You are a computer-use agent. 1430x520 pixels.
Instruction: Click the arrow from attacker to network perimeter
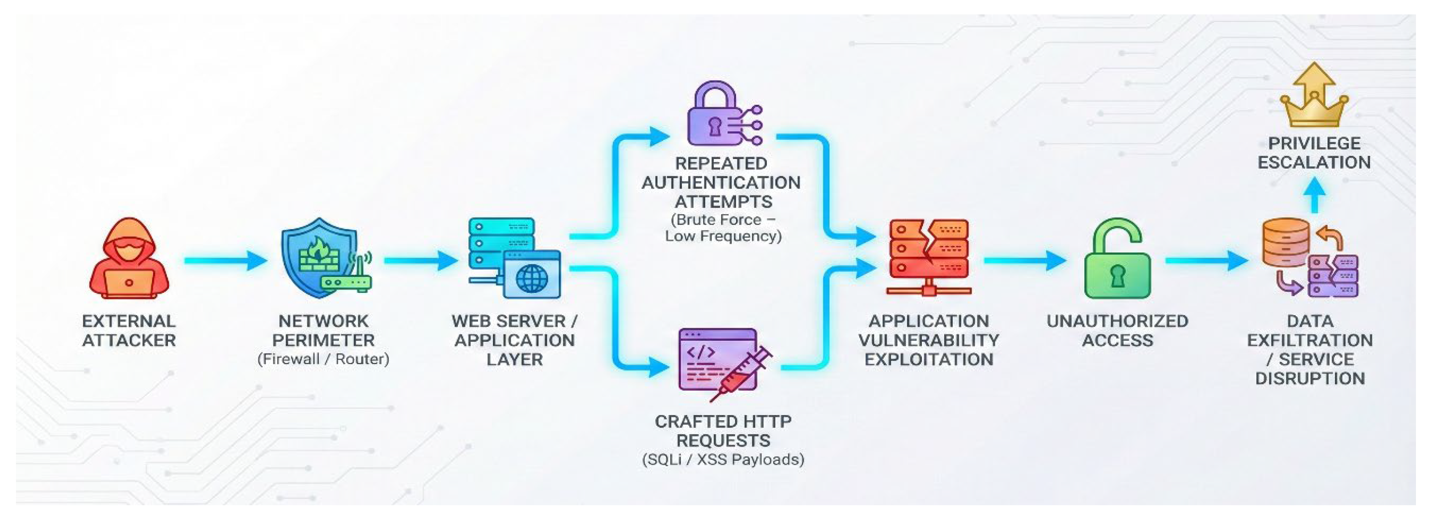coord(225,260)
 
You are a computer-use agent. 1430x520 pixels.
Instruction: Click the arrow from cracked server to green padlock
coord(1024,260)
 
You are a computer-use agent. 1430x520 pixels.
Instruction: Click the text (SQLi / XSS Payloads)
coord(723,460)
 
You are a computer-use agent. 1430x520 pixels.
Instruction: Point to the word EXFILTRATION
coord(1310,340)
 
